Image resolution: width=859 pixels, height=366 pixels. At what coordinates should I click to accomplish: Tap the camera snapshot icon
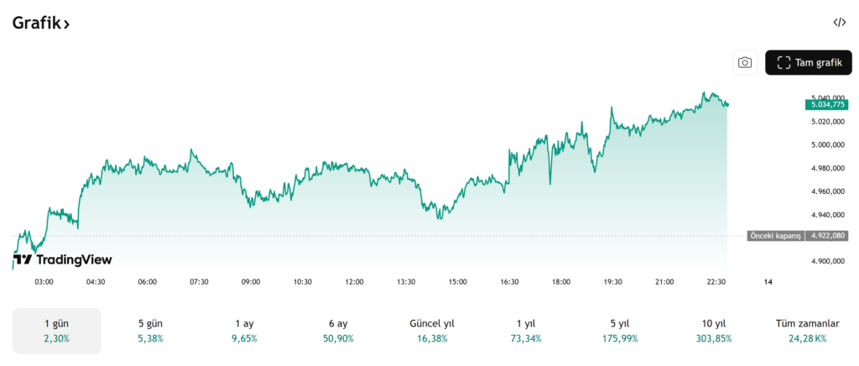(x=744, y=62)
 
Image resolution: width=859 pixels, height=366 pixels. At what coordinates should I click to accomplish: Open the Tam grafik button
(x=808, y=62)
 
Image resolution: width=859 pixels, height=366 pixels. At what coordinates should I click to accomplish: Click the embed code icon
(x=840, y=23)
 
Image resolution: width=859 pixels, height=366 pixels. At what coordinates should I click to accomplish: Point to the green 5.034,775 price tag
(x=825, y=104)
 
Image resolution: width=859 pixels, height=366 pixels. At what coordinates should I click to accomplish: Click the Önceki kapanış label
(x=774, y=236)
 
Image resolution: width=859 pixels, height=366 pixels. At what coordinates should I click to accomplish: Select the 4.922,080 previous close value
(x=825, y=236)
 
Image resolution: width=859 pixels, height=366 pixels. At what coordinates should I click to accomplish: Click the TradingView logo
(x=64, y=260)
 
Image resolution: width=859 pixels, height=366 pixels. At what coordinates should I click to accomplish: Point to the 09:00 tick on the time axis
(x=251, y=282)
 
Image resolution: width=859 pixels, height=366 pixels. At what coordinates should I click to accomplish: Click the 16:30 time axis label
(x=509, y=282)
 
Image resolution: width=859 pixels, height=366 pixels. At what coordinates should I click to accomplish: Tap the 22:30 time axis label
(x=716, y=282)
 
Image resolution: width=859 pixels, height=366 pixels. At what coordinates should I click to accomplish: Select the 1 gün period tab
(x=57, y=331)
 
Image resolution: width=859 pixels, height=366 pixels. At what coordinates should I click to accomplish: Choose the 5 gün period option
(x=151, y=331)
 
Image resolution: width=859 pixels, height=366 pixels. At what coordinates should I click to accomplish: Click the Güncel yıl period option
(x=431, y=331)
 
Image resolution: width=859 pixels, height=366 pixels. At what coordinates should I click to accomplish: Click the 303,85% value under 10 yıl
(x=714, y=339)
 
